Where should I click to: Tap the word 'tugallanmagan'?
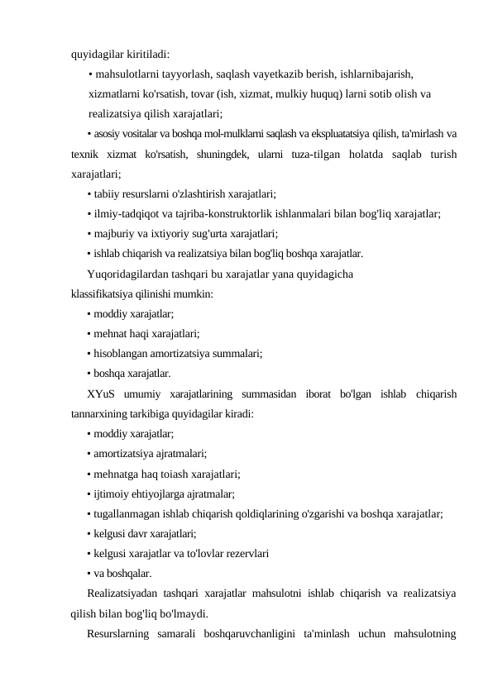(127, 514)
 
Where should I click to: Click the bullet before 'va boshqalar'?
(88, 574)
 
